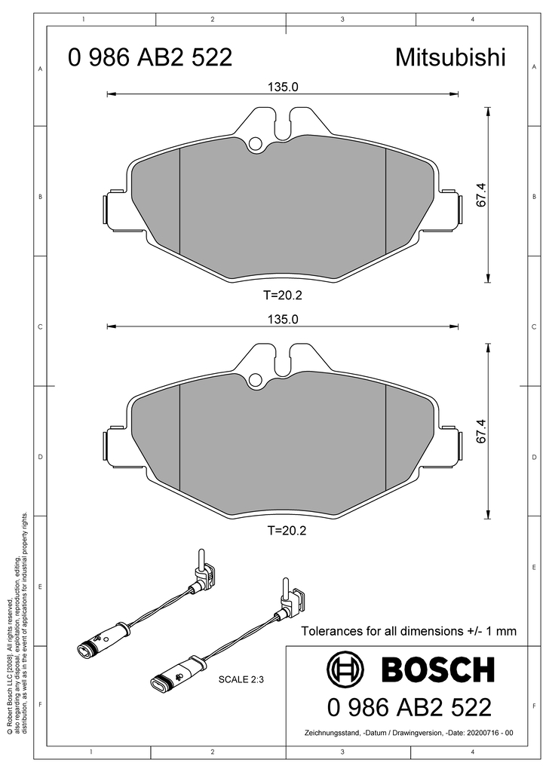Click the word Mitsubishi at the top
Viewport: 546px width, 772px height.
click(450, 57)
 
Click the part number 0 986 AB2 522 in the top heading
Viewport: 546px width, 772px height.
click(150, 57)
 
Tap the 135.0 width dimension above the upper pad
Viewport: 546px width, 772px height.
click(283, 87)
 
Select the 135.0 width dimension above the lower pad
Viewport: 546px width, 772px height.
click(283, 319)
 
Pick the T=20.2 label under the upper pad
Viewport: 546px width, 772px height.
click(282, 296)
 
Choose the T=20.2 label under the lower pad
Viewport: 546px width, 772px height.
click(287, 531)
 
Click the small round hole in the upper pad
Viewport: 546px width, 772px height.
click(255, 143)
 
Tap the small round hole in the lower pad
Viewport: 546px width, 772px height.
click(255, 380)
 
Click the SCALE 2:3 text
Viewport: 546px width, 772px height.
click(241, 679)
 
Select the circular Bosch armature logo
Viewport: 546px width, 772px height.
click(345, 669)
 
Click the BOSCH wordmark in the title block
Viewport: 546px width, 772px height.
click(437, 669)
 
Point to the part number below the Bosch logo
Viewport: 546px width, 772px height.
click(409, 707)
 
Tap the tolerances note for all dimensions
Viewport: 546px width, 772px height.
click(409, 631)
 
